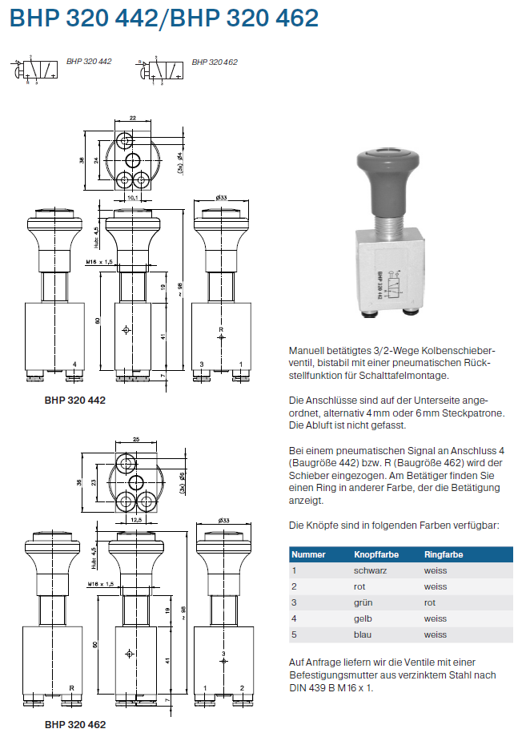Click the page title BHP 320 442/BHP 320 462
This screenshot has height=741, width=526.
(x=163, y=18)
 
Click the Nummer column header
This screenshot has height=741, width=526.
(x=308, y=554)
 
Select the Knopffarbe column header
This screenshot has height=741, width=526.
(x=376, y=554)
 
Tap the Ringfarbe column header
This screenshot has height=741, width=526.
(x=444, y=554)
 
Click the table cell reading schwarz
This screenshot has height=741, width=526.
(x=370, y=570)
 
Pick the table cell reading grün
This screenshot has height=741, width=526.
(x=363, y=602)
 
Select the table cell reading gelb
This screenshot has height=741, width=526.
(x=363, y=618)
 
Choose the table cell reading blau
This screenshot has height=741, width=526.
(x=363, y=634)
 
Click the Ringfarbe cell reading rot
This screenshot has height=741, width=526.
(x=430, y=602)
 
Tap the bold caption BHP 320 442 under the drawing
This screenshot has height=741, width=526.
(x=75, y=398)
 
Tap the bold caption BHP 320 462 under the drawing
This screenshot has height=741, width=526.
(x=75, y=724)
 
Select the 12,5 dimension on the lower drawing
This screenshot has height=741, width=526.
(x=136, y=521)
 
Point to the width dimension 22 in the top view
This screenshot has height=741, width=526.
(x=133, y=117)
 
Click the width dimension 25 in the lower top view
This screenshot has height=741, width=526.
(x=136, y=440)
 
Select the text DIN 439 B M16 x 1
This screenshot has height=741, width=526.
(x=331, y=687)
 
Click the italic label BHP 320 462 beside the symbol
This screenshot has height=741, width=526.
(x=215, y=62)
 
